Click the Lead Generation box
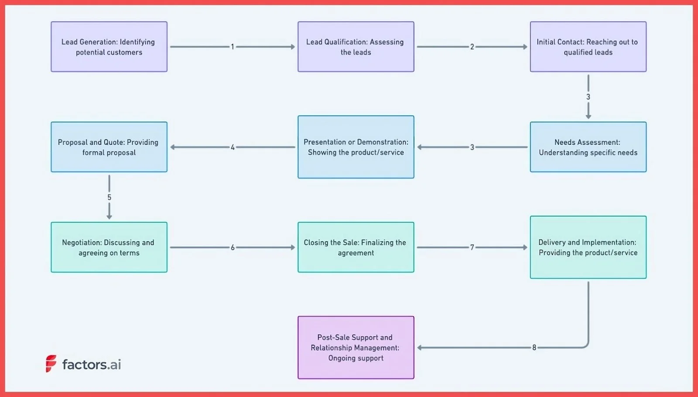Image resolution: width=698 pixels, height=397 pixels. (109, 47)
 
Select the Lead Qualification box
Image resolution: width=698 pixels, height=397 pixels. (356, 47)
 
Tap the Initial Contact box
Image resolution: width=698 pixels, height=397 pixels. (588, 47)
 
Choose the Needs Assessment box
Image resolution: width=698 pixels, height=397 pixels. (588, 147)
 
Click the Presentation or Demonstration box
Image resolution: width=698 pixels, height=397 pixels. (356, 147)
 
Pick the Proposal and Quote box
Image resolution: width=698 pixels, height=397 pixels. (109, 147)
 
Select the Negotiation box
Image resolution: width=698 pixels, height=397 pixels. (109, 247)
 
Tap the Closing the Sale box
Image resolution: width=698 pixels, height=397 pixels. (356, 247)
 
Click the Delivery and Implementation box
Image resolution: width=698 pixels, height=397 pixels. (588, 247)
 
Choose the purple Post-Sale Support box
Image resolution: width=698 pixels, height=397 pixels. (356, 348)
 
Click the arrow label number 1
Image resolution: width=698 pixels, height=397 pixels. (233, 47)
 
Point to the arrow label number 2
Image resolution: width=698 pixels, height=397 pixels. (472, 47)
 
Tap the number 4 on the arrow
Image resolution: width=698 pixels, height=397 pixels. (233, 147)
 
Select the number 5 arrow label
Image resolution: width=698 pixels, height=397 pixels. (109, 197)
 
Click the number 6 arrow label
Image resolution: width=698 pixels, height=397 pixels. (233, 247)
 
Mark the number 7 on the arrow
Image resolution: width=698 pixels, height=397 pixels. (472, 247)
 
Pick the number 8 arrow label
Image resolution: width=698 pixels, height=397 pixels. (534, 348)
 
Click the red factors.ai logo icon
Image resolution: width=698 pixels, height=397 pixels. (51, 363)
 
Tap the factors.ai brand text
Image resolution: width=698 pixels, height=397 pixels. (92, 364)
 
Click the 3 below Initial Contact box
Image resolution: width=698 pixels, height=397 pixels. (588, 97)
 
